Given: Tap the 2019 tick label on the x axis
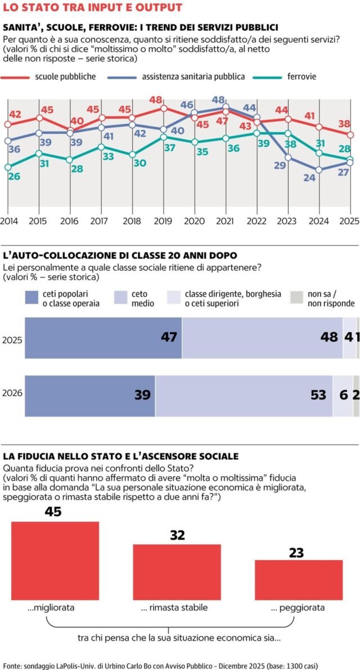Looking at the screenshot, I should tap(163, 221).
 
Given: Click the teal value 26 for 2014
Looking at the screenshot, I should tap(15, 176).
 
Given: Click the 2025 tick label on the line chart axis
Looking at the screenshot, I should tap(349, 221).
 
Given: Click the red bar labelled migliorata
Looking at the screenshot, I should tap(55, 562).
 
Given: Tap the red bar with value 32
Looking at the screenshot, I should tap(177, 572).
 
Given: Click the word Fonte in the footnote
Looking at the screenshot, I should tap(12, 665).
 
